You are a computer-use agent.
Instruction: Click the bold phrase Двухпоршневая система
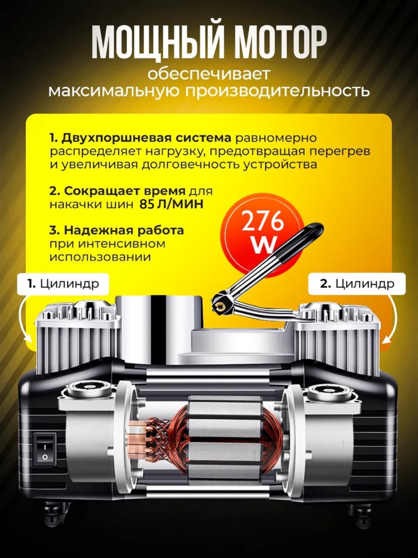[140, 138]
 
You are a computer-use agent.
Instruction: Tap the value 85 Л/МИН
[171, 205]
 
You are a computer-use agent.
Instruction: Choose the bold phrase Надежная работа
[116, 231]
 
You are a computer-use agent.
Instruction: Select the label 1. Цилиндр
[63, 284]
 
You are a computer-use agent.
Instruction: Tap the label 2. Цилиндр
[357, 284]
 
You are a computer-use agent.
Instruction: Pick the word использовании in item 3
[100, 257]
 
